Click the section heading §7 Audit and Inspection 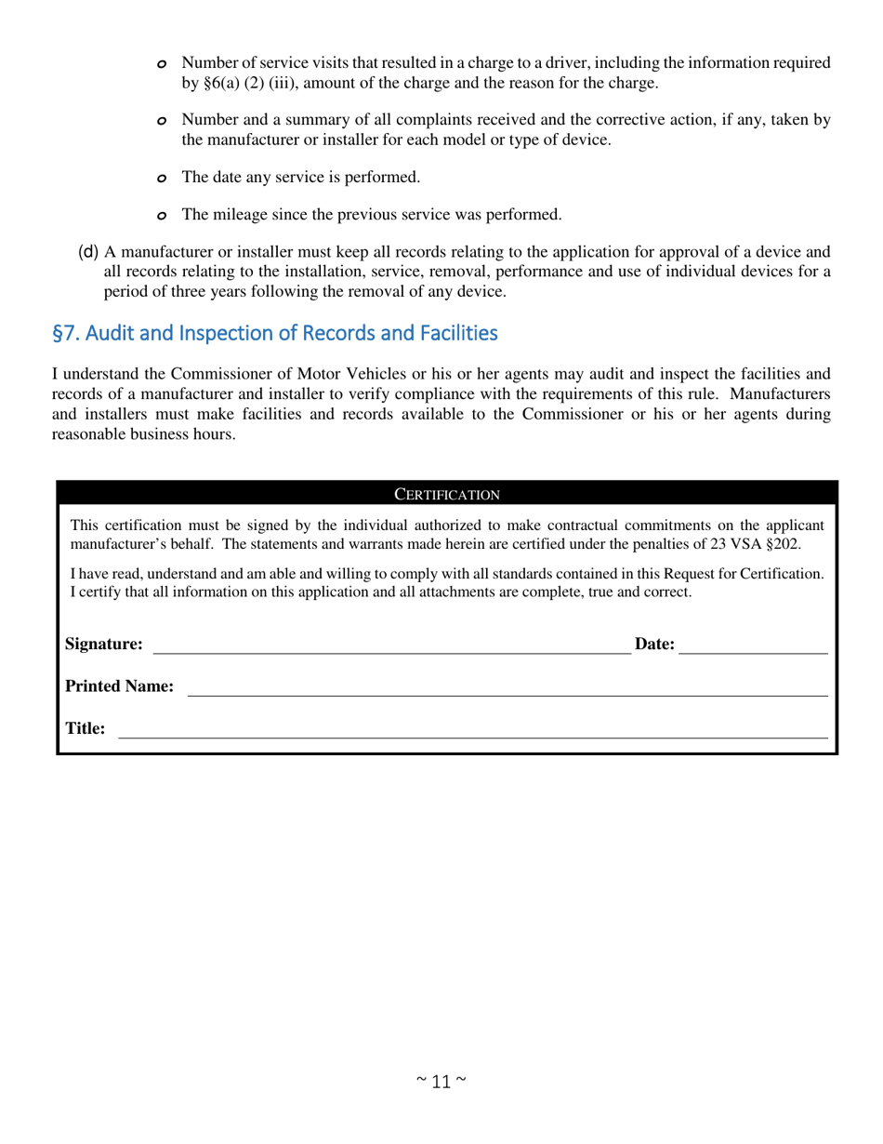tap(274, 333)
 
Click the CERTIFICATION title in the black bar tap(447, 494)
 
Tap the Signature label tap(104, 644)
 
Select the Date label tap(654, 644)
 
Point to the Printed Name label tap(119, 686)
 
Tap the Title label tap(85, 728)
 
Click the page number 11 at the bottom tap(441, 1081)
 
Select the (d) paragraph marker tap(88, 252)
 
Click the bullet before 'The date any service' tap(162, 178)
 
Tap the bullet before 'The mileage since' tap(162, 216)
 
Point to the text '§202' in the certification tap(783, 544)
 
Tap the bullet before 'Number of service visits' tap(162, 64)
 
